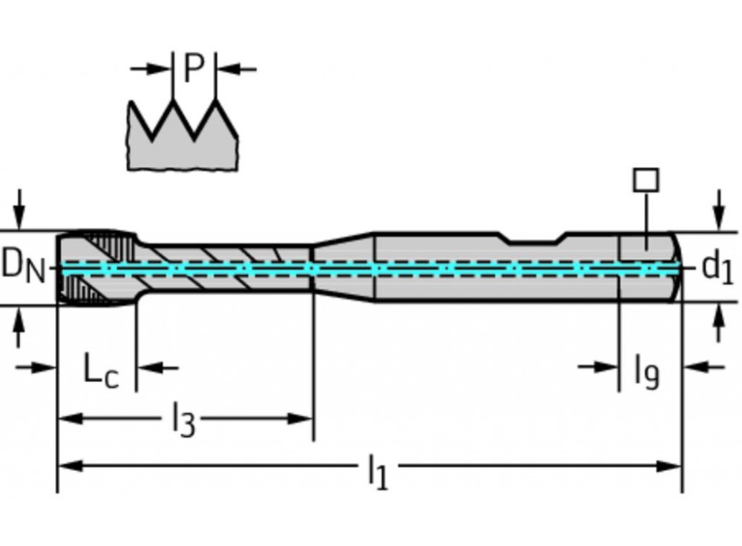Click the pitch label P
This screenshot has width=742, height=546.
point(193,69)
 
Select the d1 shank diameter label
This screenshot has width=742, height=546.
point(717,268)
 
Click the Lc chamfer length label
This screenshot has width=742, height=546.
point(101,371)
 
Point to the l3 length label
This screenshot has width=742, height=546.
point(183,421)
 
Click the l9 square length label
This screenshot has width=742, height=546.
point(646,371)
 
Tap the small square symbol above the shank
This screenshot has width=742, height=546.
point(646,180)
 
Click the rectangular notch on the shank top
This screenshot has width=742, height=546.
point(533,238)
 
